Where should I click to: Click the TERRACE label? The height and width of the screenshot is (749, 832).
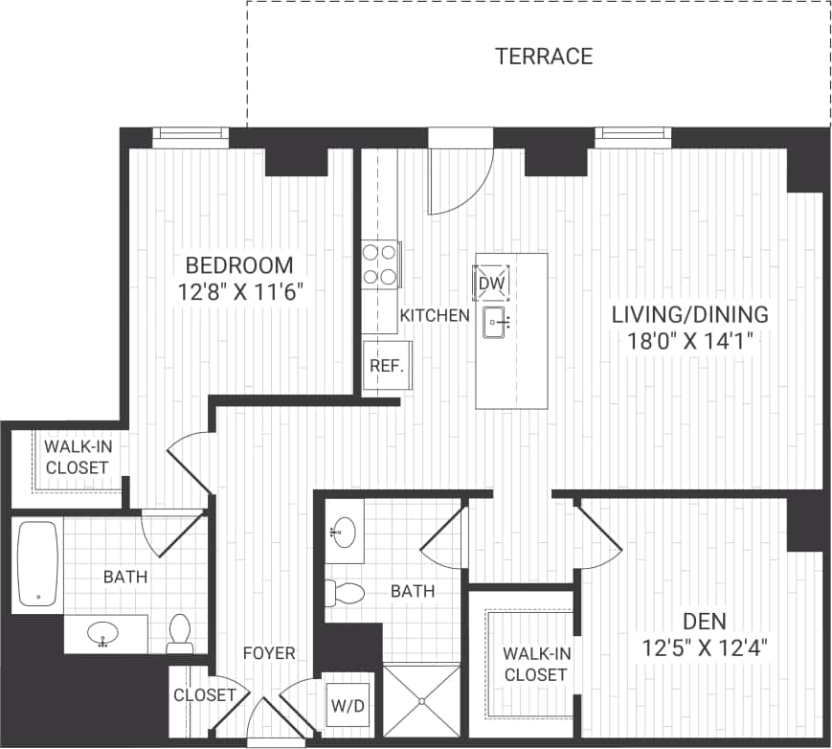click(543, 57)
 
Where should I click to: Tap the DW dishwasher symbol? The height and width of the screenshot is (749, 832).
click(491, 283)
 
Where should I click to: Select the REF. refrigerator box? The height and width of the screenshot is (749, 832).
click(387, 365)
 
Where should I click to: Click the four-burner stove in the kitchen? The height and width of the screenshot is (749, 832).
click(380, 264)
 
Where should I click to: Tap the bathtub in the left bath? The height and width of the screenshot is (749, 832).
click(38, 564)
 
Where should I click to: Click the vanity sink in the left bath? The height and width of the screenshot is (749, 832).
click(101, 633)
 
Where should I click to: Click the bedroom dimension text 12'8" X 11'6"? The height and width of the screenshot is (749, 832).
click(240, 292)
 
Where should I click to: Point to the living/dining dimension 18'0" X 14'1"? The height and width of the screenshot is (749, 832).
click(691, 340)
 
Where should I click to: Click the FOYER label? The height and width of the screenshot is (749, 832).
click(269, 653)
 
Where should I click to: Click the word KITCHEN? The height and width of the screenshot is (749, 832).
click(435, 315)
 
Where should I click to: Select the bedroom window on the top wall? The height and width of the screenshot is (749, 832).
click(191, 137)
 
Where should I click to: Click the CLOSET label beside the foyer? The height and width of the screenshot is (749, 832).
click(205, 694)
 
